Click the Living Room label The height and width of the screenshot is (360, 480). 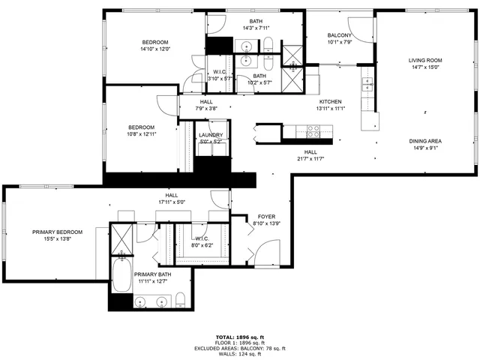click(425, 61)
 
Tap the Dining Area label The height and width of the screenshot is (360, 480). click(425, 141)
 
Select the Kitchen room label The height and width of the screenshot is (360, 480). click(331, 101)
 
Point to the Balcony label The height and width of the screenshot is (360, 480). click(340, 35)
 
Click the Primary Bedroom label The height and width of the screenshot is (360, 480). click(57, 232)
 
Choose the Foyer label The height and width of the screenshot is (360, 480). click(267, 216)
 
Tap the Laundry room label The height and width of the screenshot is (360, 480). click(210, 135)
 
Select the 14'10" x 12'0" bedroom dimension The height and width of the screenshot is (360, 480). click(155, 49)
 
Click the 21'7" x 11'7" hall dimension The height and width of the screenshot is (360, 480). click(310, 157)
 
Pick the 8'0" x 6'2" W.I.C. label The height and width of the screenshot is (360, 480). click(202, 244)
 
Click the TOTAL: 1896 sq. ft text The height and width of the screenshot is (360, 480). click(239, 337)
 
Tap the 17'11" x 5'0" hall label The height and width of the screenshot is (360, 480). click(171, 202)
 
